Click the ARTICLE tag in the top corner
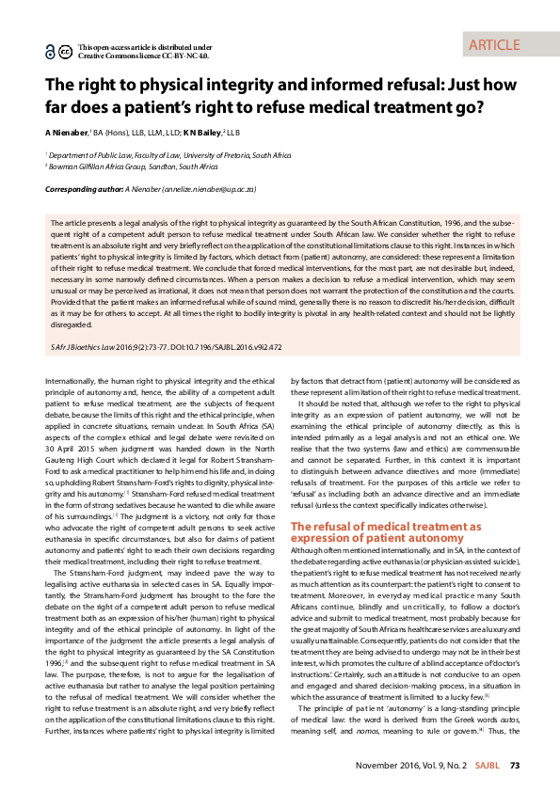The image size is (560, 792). (493, 44)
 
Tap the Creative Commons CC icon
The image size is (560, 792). (65, 51)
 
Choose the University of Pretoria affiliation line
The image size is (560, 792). (156, 153)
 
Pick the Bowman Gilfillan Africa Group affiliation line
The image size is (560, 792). (133, 166)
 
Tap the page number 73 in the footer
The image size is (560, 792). (515, 766)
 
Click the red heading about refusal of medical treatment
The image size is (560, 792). (386, 531)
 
